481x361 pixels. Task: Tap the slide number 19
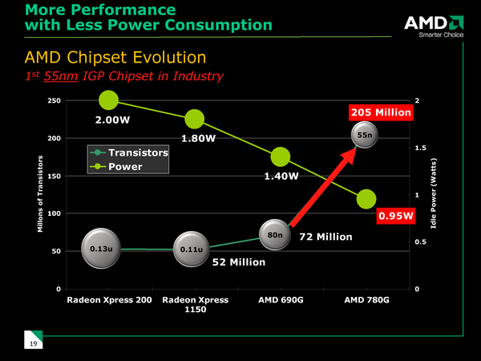coord(34,344)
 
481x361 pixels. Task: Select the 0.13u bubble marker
coord(100,249)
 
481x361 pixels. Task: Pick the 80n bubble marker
coord(275,234)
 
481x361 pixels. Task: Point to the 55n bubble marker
coord(365,136)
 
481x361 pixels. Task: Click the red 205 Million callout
coord(382,113)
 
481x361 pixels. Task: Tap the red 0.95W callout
coord(395,215)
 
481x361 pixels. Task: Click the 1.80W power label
coord(198,138)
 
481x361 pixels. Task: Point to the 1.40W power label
coord(282,176)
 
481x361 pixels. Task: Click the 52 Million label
coord(238,262)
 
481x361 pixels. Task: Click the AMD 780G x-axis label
coord(366,300)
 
